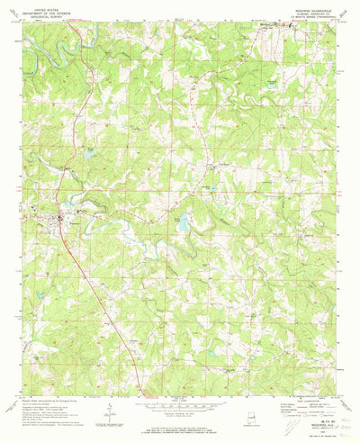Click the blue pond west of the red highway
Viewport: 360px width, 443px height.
coord(90,154)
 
